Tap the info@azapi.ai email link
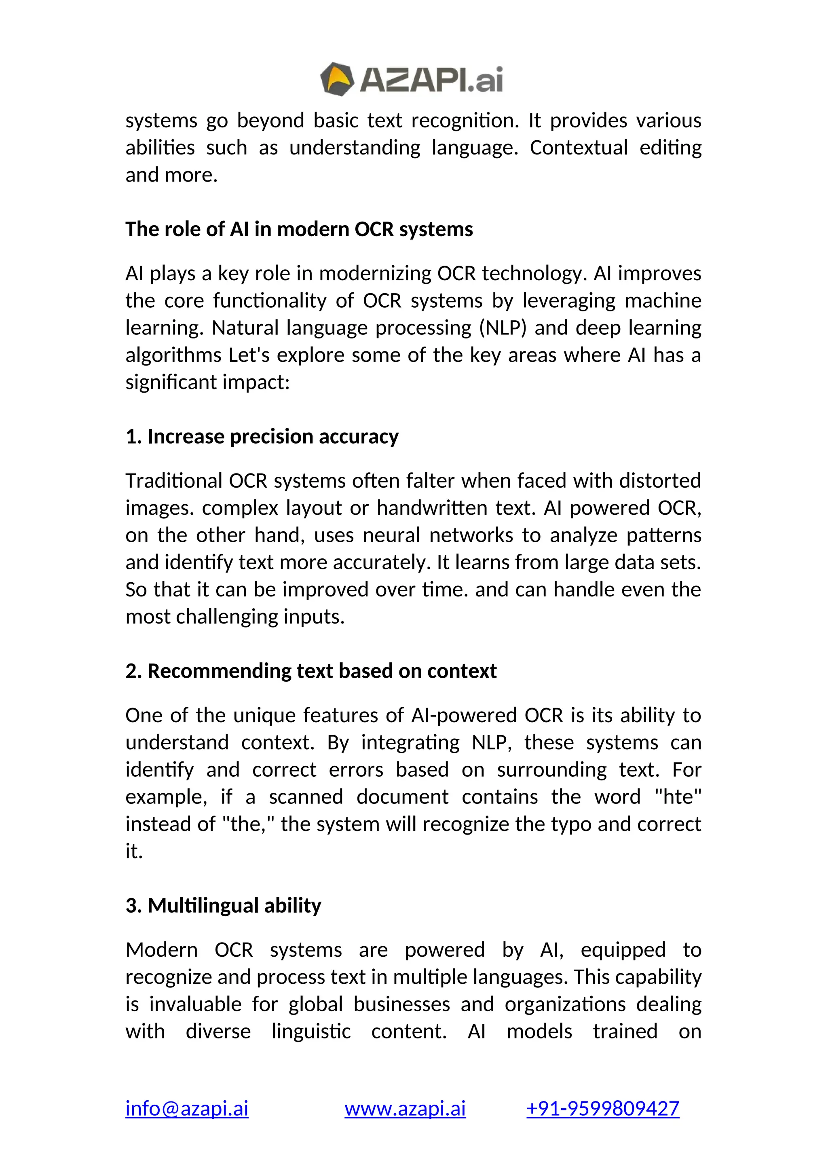point(187,1108)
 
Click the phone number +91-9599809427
point(603,1108)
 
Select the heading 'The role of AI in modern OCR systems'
point(299,230)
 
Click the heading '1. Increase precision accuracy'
point(262,437)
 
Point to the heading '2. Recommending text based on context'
point(310,671)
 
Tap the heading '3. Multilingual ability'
point(223,906)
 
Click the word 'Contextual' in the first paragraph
point(579,148)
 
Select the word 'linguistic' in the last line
point(310,1031)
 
